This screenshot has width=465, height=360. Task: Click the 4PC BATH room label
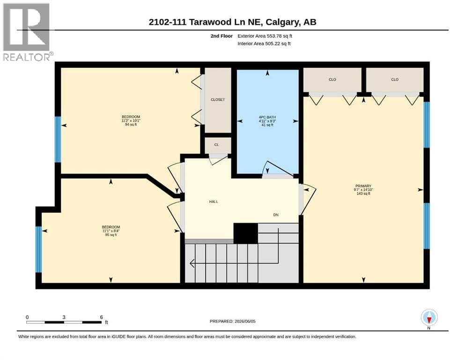tap(267, 121)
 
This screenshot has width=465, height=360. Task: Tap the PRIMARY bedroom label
tap(363, 190)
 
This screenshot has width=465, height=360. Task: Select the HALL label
tap(214, 202)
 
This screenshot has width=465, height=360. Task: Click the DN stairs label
tap(276, 215)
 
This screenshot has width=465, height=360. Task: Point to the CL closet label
tap(216, 145)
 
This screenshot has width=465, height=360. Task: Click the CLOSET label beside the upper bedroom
tap(218, 100)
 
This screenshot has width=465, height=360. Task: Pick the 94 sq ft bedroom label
tap(131, 121)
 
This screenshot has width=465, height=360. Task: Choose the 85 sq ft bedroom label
tap(111, 231)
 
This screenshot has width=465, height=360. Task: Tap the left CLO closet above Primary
tap(332, 80)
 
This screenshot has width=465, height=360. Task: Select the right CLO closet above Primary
tap(395, 80)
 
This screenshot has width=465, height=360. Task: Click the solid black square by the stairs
tap(245, 233)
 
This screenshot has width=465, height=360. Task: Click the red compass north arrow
tap(429, 320)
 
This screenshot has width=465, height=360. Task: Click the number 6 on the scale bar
tap(102, 317)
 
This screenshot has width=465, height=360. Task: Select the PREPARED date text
tap(232, 321)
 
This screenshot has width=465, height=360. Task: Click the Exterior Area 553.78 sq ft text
tap(265, 36)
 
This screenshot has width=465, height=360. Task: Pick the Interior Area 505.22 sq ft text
tap(264, 44)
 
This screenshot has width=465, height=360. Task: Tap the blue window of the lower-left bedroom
tap(38, 249)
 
